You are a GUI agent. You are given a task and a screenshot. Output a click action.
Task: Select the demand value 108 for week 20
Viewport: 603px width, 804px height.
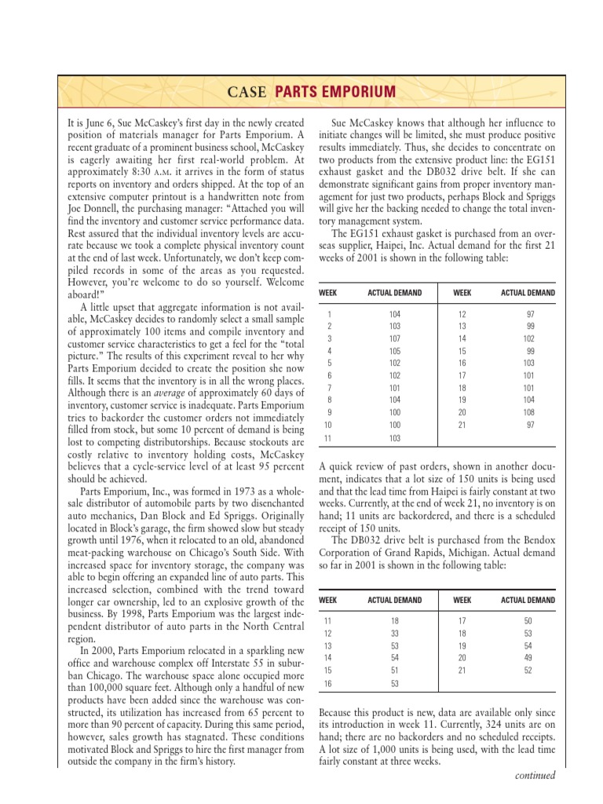pos(528,412)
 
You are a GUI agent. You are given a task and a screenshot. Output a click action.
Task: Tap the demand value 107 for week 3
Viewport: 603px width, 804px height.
pos(393,339)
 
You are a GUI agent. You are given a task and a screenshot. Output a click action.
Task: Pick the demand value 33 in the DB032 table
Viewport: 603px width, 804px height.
pos(393,633)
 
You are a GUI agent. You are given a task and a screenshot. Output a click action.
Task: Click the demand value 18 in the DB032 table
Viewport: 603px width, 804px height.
pos(393,620)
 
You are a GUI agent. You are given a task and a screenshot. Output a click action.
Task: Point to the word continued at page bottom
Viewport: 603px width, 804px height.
pos(535,776)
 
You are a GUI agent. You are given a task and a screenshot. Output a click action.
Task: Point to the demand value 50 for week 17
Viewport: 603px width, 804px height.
pos(528,620)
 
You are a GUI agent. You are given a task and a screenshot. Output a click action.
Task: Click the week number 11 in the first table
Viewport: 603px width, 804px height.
pos(329,437)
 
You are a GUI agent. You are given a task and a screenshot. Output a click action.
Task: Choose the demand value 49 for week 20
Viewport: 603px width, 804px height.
pos(528,657)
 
